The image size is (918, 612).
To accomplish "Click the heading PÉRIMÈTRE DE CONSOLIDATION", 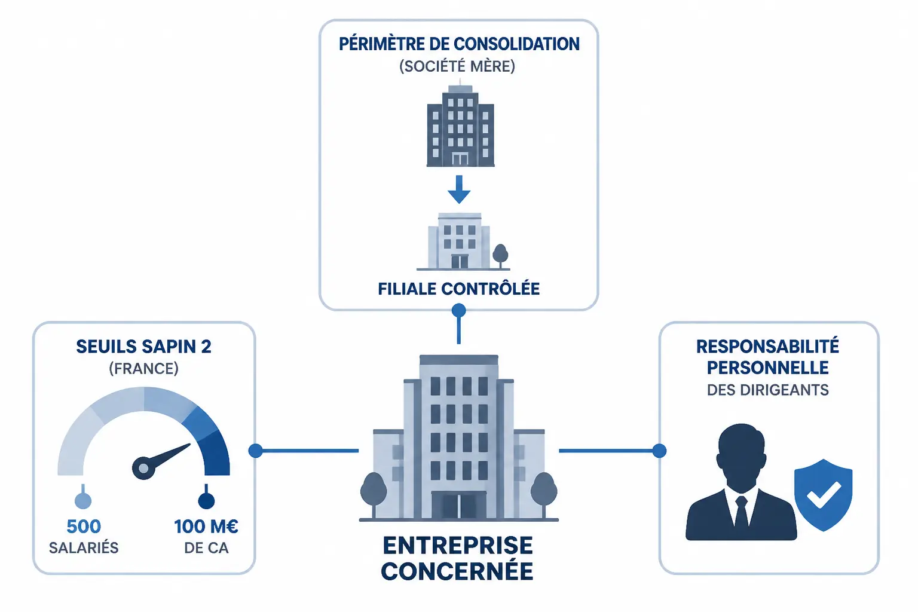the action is (x=459, y=44).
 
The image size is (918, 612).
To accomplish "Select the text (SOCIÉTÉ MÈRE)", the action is (x=457, y=66).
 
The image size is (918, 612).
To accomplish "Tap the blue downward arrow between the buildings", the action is (x=459, y=189).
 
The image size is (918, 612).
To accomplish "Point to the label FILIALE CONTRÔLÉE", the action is (x=458, y=289).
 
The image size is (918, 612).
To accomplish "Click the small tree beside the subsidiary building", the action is (x=500, y=256).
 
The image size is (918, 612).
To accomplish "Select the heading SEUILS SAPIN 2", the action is (x=144, y=347).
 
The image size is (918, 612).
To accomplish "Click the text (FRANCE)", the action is (x=144, y=369).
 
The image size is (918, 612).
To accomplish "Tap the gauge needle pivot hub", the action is (x=143, y=468).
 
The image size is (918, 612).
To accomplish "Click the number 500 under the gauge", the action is (x=84, y=527).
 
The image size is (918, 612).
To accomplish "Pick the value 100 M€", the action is (x=206, y=527).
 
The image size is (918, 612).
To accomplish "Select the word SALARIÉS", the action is (x=84, y=548).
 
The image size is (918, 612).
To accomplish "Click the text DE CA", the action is (x=206, y=548).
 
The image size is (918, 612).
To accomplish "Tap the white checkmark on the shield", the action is (x=824, y=494).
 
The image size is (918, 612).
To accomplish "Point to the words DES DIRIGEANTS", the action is (x=768, y=390).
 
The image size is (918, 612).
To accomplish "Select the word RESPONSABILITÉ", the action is (x=768, y=347).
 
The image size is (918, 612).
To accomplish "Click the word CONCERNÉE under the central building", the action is (x=457, y=571).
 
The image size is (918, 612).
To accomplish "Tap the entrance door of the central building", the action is (x=458, y=506).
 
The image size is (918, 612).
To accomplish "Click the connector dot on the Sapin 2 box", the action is (x=256, y=451).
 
